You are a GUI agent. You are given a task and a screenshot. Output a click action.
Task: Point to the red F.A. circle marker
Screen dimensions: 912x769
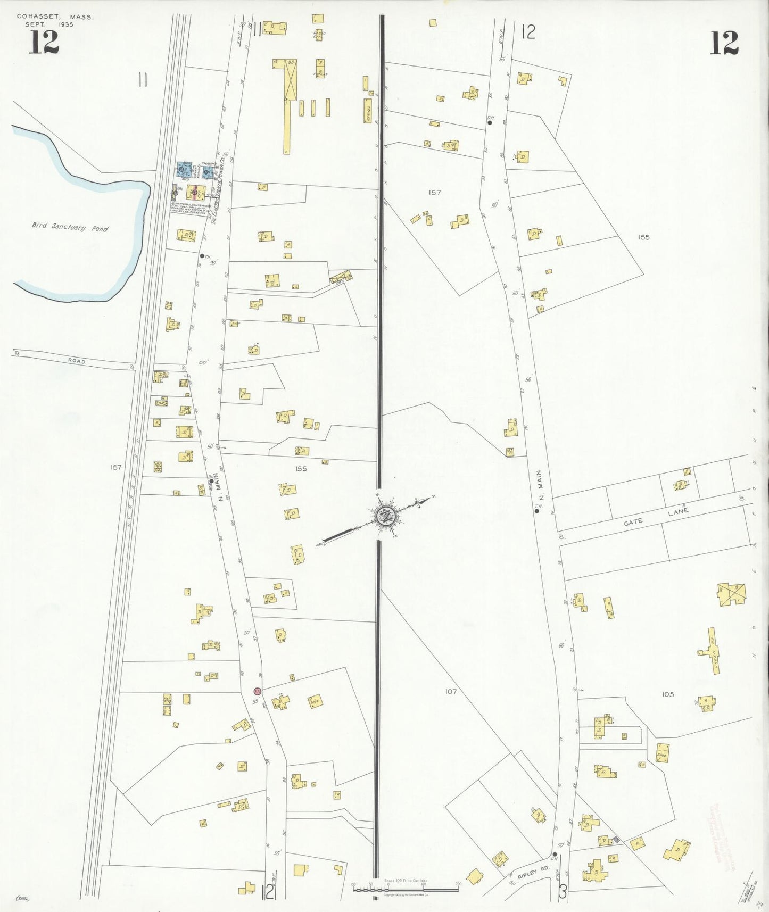coord(257,691)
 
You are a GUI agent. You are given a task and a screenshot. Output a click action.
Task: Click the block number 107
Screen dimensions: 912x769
coord(451,692)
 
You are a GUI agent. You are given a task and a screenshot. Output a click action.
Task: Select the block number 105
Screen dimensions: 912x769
coord(668,694)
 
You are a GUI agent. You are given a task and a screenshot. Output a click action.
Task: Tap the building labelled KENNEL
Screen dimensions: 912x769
coord(368,111)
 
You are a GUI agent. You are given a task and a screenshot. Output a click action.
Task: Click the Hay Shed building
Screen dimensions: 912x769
coord(167,704)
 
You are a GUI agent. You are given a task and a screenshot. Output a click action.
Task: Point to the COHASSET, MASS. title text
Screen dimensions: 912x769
coord(55,17)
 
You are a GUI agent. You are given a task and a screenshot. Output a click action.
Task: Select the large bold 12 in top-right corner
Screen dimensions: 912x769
coord(724,44)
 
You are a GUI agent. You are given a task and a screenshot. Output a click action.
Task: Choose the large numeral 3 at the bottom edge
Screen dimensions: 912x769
coord(563,892)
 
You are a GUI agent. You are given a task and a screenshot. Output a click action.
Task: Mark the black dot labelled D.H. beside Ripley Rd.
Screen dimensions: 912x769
coord(555,855)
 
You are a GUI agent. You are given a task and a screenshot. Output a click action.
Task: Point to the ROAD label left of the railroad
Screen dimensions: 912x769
coord(76,361)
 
